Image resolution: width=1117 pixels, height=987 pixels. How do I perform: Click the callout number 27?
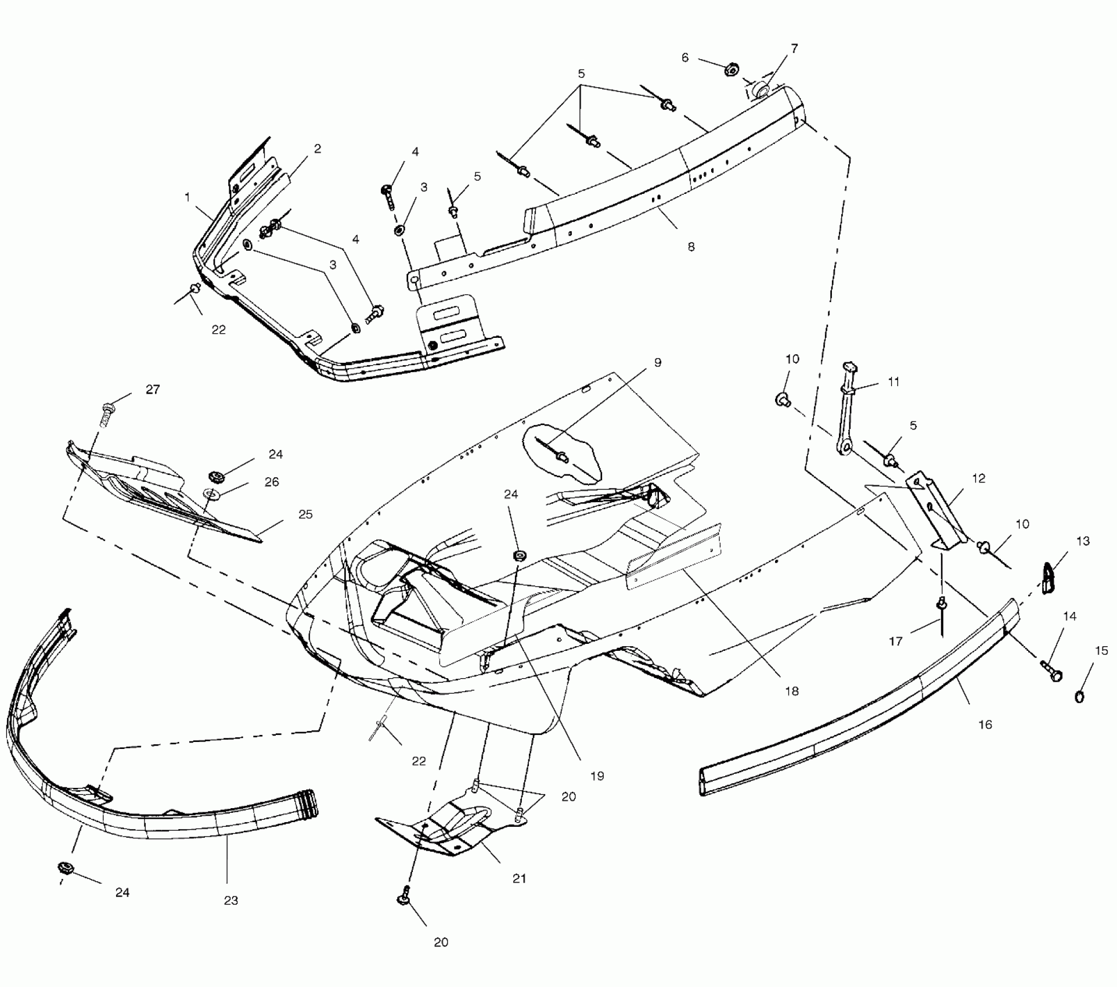coord(153,390)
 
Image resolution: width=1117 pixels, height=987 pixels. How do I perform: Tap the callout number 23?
coord(231,900)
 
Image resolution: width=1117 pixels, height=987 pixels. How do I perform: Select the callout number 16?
coord(985,725)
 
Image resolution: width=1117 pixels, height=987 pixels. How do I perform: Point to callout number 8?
coord(691,247)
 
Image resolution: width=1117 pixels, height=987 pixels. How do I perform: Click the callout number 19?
coord(597,776)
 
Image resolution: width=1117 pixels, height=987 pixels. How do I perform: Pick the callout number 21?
coord(519,878)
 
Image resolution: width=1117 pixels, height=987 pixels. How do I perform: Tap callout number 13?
coord(1083,541)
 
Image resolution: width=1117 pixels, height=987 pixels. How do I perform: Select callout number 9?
coord(657,362)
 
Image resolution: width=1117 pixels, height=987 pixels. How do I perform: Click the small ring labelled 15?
coord(1080,696)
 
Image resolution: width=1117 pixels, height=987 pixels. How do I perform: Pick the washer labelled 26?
coord(209,495)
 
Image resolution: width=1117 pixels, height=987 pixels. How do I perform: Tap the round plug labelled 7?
coord(761,90)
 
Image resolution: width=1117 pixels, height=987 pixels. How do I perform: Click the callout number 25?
coord(305,514)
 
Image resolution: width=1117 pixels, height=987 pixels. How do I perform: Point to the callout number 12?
coord(978,478)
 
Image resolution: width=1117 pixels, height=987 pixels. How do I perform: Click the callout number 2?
coord(317,149)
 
